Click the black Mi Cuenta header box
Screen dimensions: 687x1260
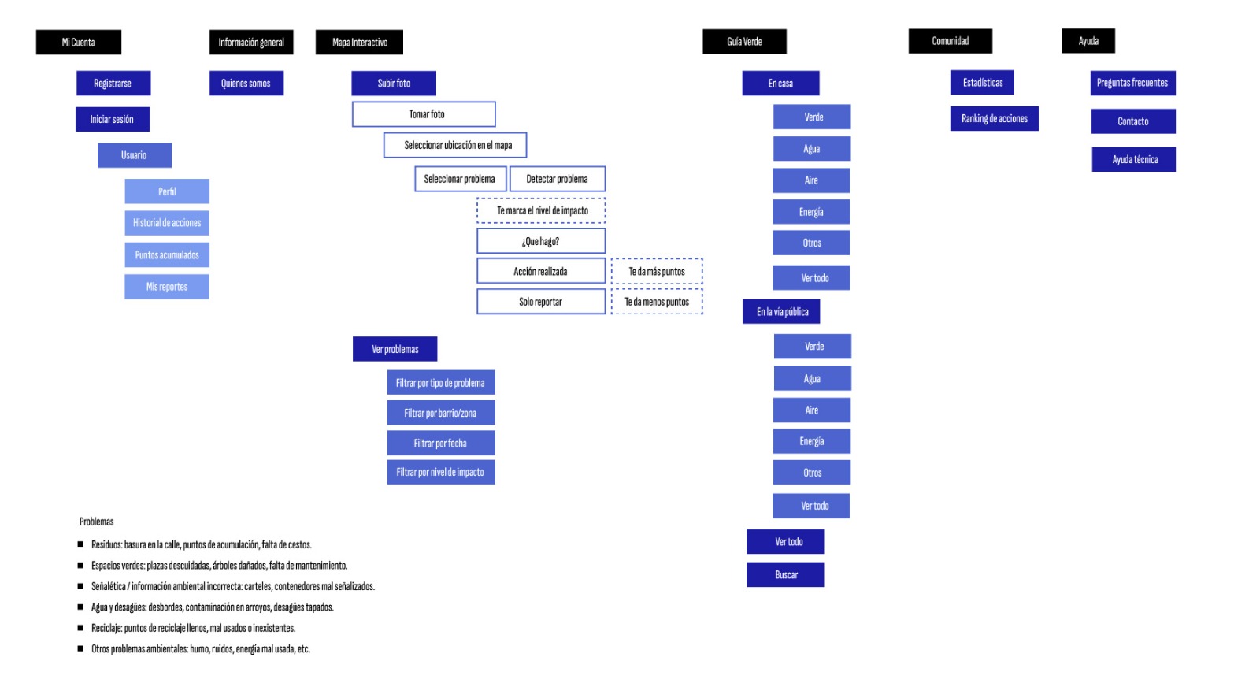click(x=79, y=42)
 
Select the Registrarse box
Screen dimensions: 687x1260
click(x=113, y=83)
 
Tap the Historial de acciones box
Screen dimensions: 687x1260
click(x=166, y=223)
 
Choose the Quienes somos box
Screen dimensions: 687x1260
click(x=246, y=83)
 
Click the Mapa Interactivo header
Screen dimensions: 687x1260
click(x=359, y=42)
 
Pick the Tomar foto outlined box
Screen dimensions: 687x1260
click(x=424, y=114)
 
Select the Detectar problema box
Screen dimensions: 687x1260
click(x=557, y=179)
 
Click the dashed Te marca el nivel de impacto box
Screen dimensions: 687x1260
click(x=541, y=210)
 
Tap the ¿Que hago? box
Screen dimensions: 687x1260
click(x=540, y=241)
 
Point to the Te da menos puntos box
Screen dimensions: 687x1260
click(x=657, y=302)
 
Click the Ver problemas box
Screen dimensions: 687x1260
click(x=395, y=349)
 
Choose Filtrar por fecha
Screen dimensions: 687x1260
click(x=440, y=443)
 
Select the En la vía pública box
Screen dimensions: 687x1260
click(x=781, y=312)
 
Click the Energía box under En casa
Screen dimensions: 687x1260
click(x=811, y=212)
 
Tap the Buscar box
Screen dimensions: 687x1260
click(x=785, y=574)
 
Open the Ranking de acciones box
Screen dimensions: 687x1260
click(x=994, y=118)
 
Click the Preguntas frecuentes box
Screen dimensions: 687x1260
click(x=1132, y=83)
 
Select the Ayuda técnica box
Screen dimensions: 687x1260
click(x=1133, y=159)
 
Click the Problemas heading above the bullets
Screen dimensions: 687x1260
click(x=96, y=522)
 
